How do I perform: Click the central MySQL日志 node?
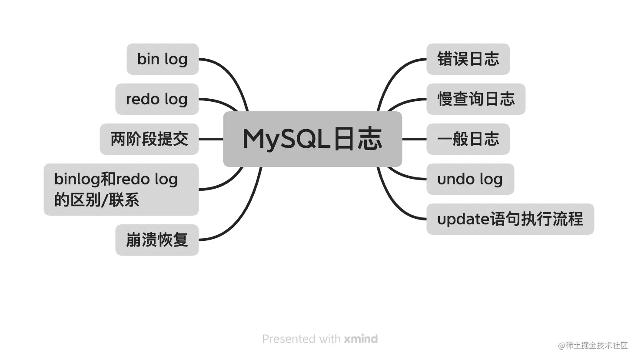coord(312,139)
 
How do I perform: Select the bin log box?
coord(163,59)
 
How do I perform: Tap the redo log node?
coord(157,99)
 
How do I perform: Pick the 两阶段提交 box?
coord(149,139)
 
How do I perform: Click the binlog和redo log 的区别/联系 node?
coord(121,190)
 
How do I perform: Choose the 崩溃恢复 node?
coord(157,240)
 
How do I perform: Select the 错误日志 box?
coord(468,59)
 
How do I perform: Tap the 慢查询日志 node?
coord(475,99)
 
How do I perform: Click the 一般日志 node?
coord(468,139)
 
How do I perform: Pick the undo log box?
coord(470,179)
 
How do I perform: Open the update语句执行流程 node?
coord(510,219)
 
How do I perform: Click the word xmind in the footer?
coord(361,339)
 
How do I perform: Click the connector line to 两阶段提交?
coord(211,139)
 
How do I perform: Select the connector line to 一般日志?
coord(414,139)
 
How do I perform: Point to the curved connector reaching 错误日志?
coord(393,74)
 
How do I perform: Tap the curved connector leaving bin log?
coord(230,74)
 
